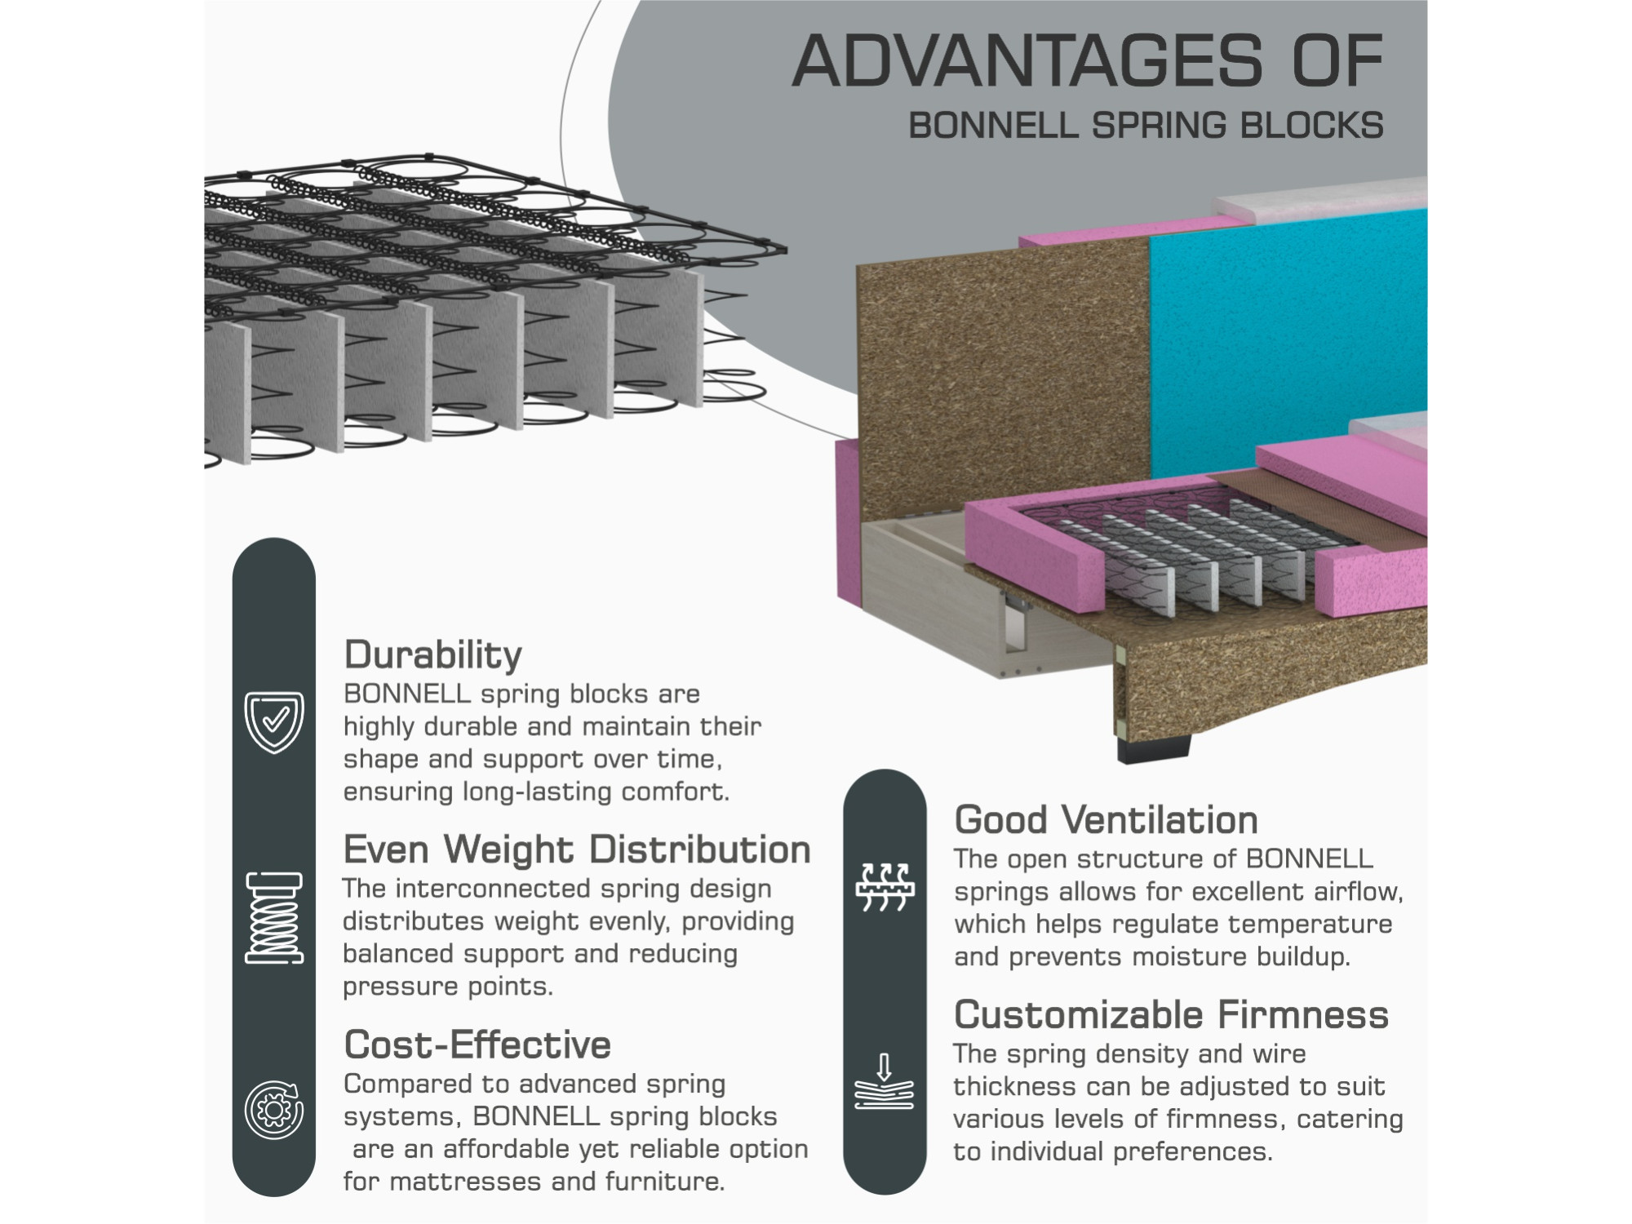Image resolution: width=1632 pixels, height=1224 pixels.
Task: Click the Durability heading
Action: (432, 655)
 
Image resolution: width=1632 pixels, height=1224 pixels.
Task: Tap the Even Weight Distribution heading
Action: (576, 849)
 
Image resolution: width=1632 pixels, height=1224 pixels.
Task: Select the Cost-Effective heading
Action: (477, 1044)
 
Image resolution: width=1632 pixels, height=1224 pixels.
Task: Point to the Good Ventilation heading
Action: (1106, 820)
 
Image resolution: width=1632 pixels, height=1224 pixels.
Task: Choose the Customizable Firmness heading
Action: (1171, 1015)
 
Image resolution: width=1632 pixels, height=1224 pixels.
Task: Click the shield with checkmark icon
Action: (274, 722)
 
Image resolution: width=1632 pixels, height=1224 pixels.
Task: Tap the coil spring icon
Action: (274, 917)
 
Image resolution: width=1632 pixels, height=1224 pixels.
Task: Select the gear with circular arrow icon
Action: (274, 1110)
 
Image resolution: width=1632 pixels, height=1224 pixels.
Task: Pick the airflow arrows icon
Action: (885, 886)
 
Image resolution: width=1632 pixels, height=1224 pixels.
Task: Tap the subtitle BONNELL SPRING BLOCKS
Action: (1146, 126)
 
